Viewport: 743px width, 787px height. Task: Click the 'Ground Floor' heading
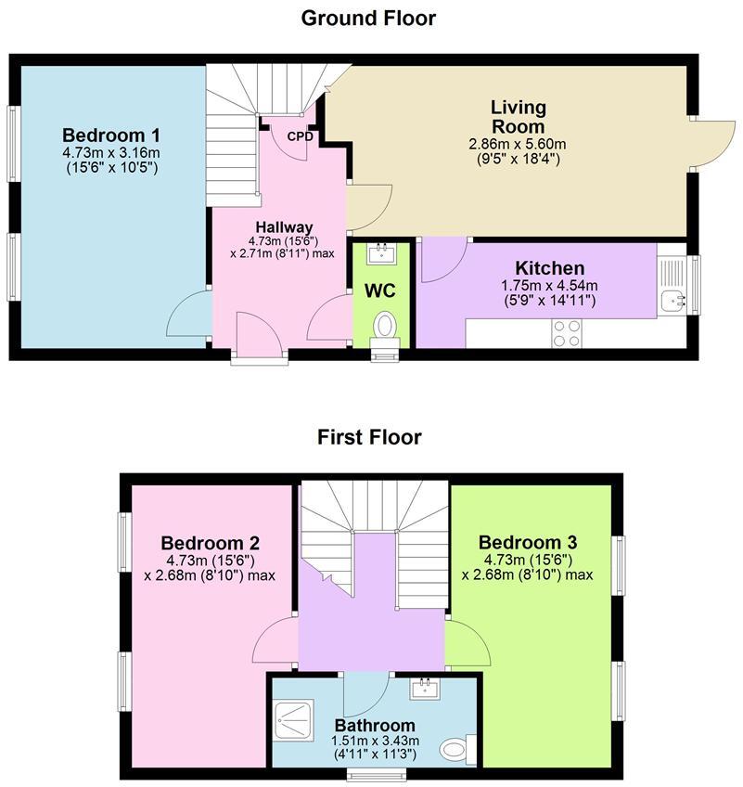click(369, 18)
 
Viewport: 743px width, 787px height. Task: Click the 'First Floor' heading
click(369, 436)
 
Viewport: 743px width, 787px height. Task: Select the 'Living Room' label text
click(518, 118)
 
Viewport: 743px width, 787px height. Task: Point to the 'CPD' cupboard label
click(300, 136)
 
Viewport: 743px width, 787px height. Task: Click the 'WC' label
click(379, 290)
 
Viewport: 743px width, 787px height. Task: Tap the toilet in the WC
click(383, 327)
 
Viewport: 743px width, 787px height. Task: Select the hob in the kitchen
click(567, 331)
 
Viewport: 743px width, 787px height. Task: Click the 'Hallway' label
click(284, 227)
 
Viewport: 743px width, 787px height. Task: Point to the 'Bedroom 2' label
click(210, 544)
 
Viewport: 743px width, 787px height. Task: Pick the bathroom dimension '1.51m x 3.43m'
click(375, 741)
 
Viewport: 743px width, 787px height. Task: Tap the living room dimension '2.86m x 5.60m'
click(518, 144)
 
